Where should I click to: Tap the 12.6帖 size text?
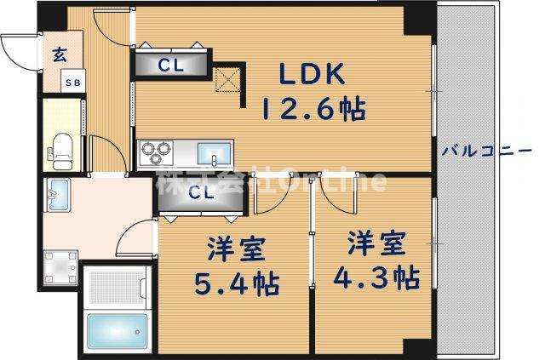click(313, 109)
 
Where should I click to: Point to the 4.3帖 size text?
click(381, 277)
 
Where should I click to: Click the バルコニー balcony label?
click(486, 151)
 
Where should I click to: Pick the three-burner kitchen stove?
click(157, 152)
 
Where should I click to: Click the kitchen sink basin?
click(214, 153)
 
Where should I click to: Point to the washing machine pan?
click(60, 266)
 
